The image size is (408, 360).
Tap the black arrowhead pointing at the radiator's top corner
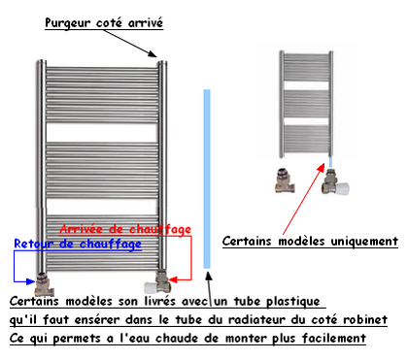(x=153, y=53)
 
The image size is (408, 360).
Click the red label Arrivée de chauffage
(x=125, y=229)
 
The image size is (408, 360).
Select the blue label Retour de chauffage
(x=78, y=244)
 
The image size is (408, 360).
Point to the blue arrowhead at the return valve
(x=30, y=281)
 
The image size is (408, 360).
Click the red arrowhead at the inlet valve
(x=173, y=279)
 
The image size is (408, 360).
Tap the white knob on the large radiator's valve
(x=150, y=287)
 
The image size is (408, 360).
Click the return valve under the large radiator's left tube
(x=43, y=285)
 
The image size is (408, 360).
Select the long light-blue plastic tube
(x=207, y=179)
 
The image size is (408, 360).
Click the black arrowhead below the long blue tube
(x=209, y=276)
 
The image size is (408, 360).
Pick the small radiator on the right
(x=306, y=104)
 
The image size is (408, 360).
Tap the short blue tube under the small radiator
(x=330, y=162)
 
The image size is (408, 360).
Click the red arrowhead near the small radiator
(x=321, y=167)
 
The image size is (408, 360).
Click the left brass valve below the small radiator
(x=285, y=180)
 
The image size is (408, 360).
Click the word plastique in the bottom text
(x=292, y=302)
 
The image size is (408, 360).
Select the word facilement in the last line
(x=334, y=339)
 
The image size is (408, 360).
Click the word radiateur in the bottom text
(x=256, y=319)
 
